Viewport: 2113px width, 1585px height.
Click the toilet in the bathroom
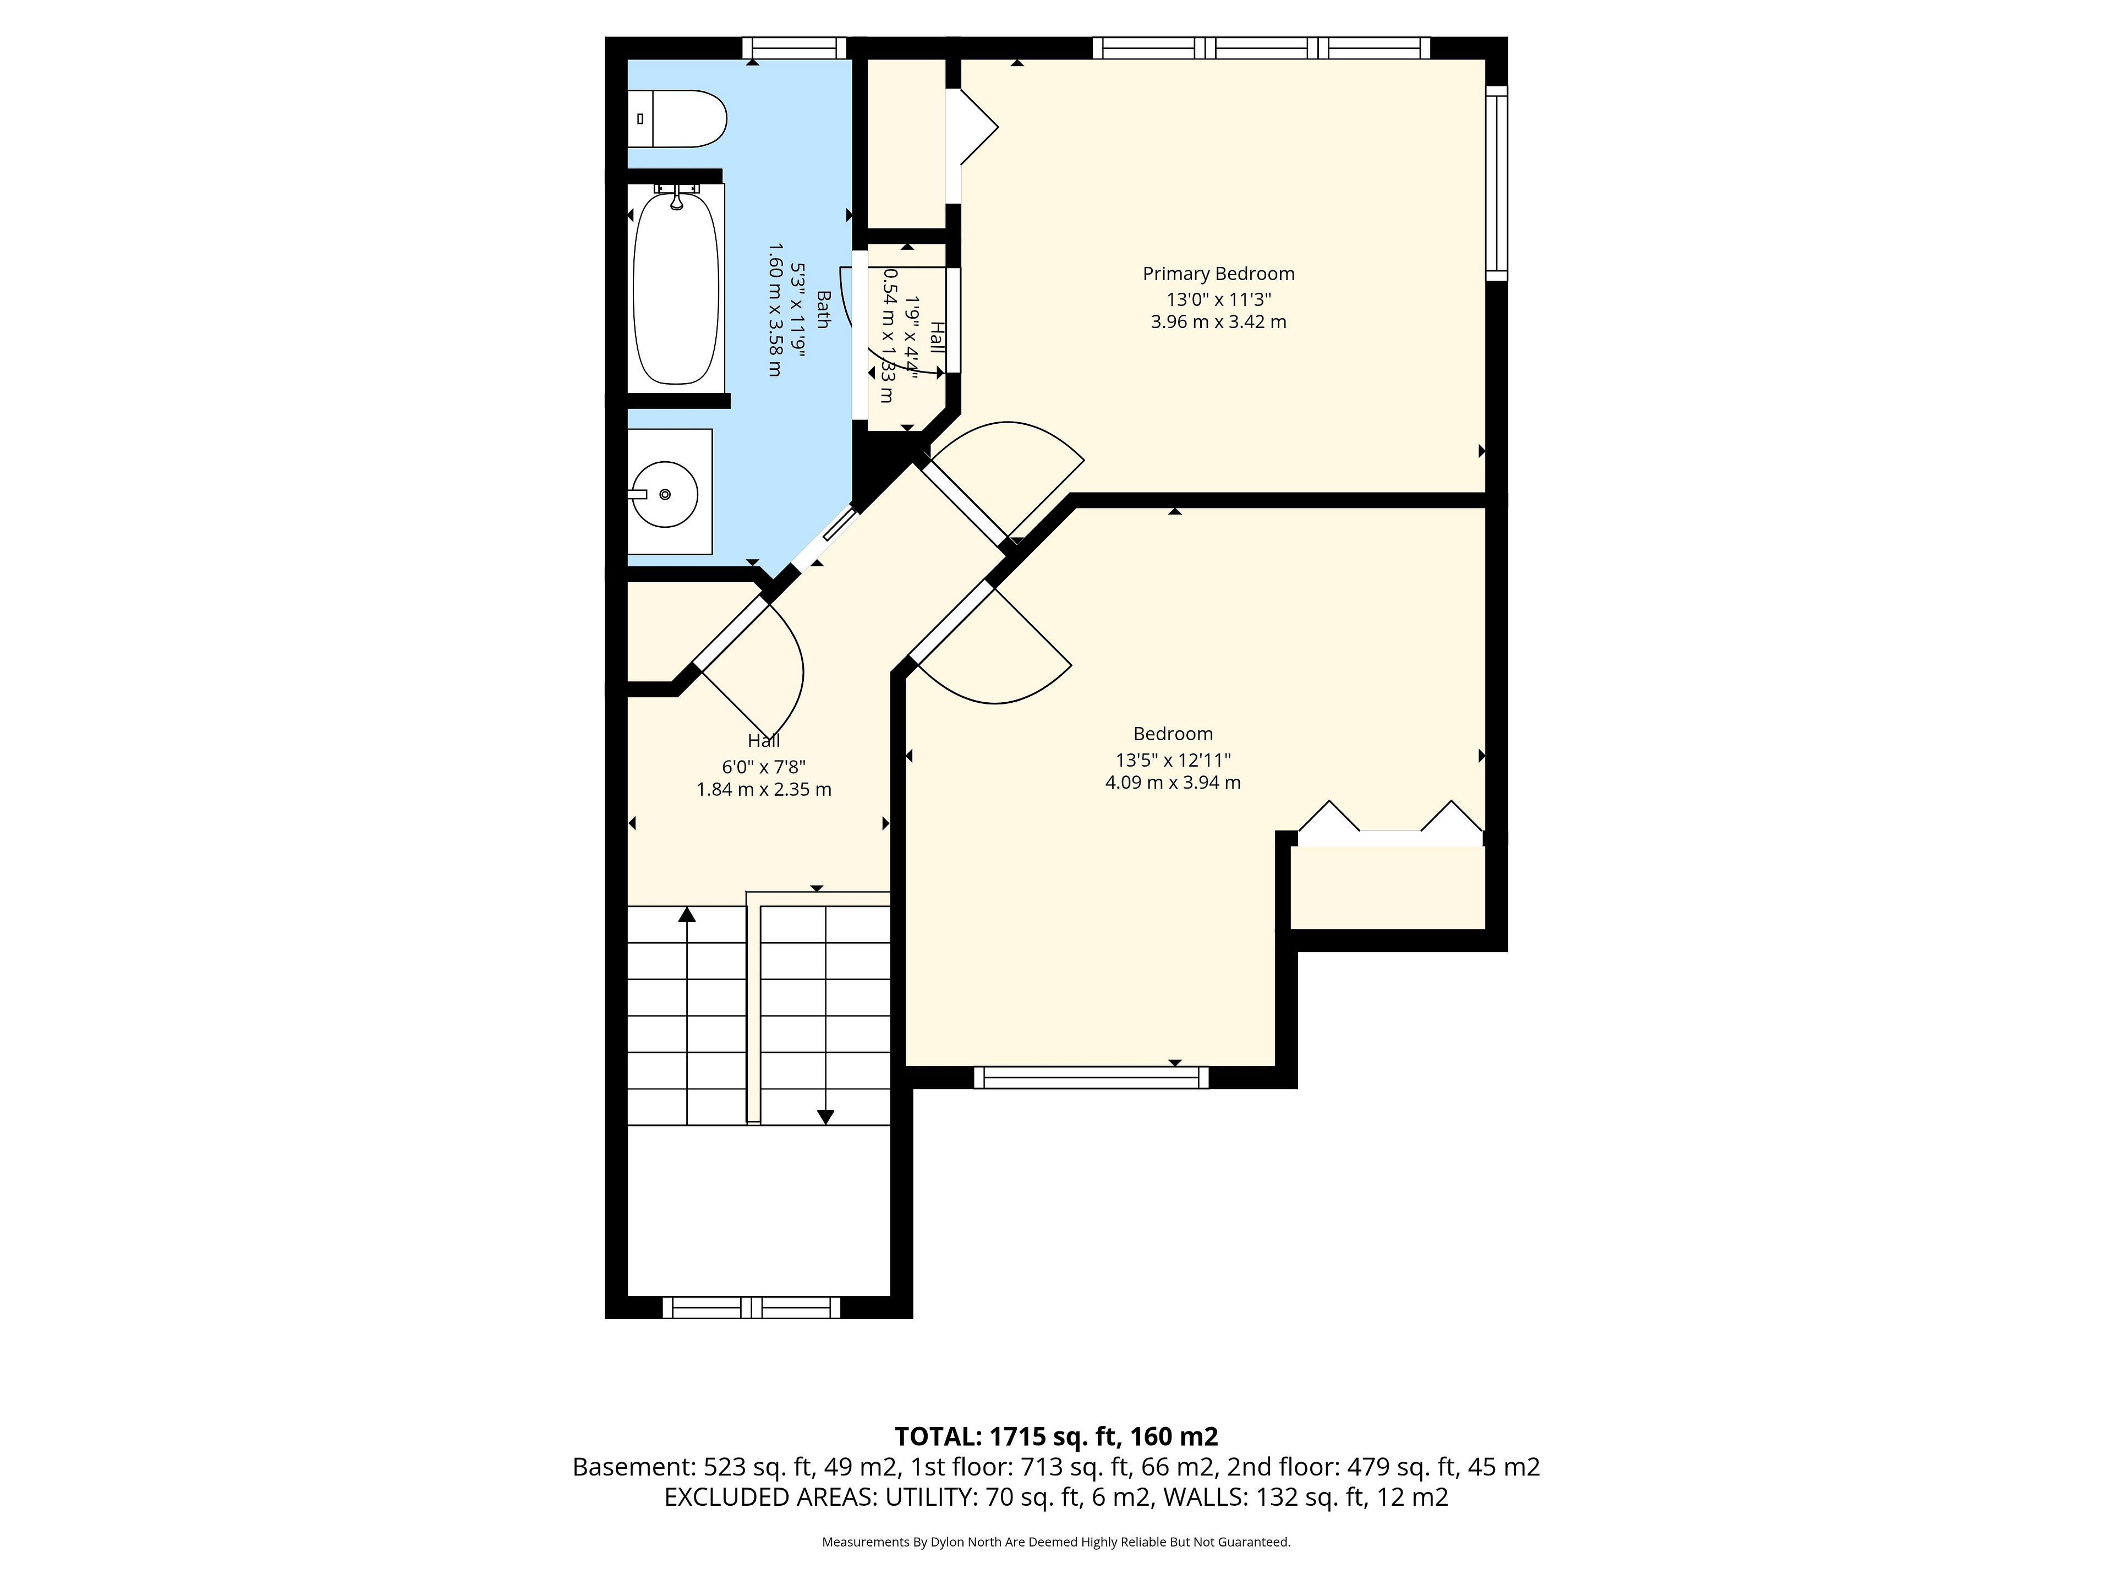pyautogui.click(x=676, y=118)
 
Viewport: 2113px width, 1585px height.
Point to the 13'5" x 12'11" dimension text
pyautogui.click(x=1173, y=761)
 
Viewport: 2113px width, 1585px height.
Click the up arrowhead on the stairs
pyautogui.click(x=687, y=914)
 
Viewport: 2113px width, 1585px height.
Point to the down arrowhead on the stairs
pyautogui.click(x=825, y=1117)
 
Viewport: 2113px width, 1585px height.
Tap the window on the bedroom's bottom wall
pyautogui.click(x=1091, y=1078)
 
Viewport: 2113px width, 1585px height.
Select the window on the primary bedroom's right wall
pyautogui.click(x=1497, y=183)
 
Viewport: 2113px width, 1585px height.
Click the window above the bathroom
pyautogui.click(x=795, y=48)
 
